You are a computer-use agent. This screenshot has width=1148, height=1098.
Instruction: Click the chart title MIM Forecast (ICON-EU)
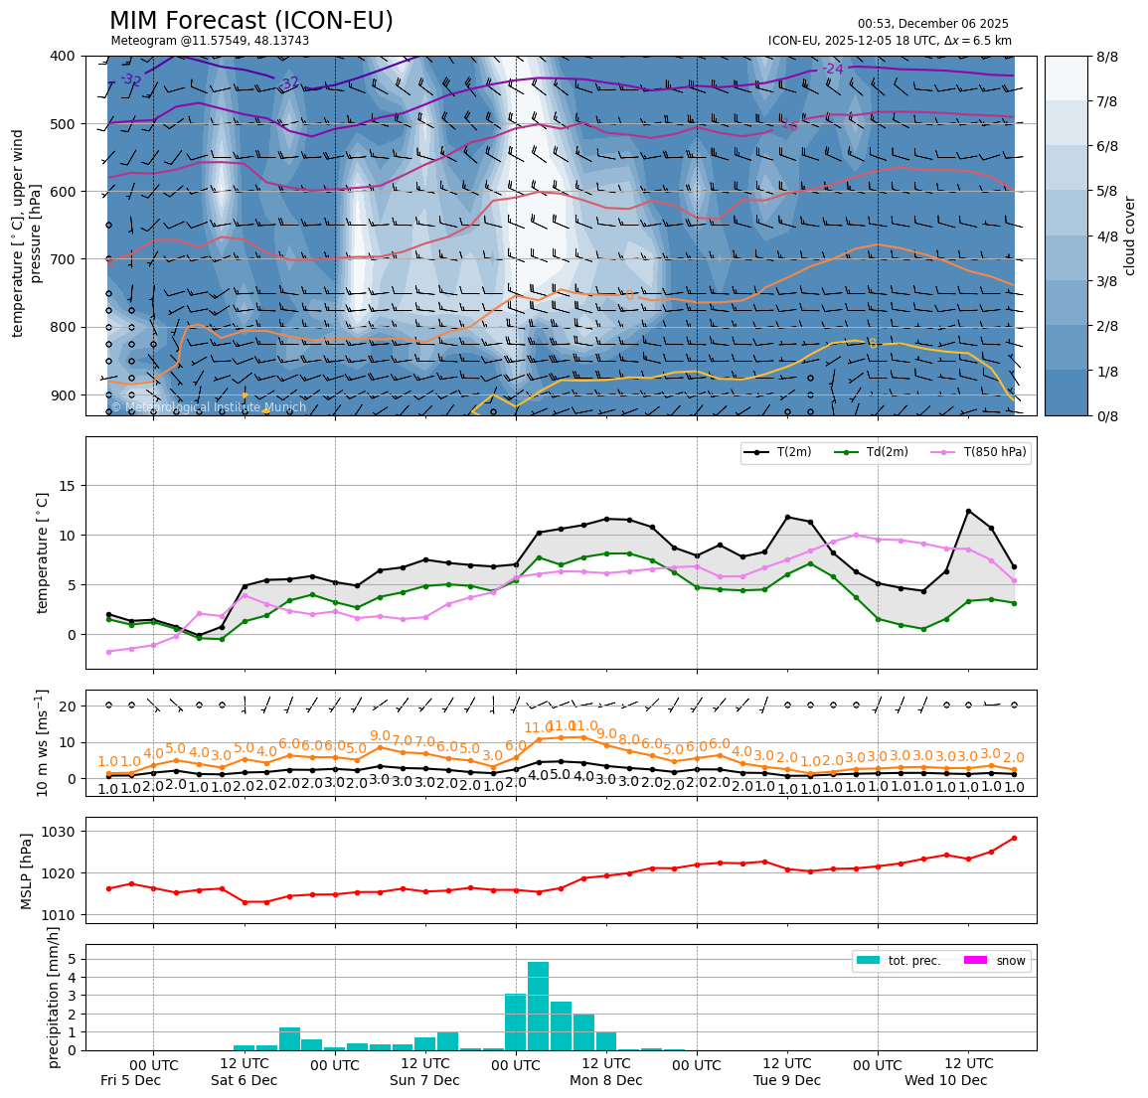pos(250,21)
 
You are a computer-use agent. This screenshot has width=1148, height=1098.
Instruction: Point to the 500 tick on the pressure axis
pos(63,124)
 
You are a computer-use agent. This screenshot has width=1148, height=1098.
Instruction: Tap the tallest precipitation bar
pos(538,1006)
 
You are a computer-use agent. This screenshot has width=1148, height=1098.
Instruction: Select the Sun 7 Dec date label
pos(424,1080)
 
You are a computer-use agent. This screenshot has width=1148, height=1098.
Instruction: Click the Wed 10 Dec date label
pos(945,1080)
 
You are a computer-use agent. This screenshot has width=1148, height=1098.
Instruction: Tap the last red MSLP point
pos(1014,838)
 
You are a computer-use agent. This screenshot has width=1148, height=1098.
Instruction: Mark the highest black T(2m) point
pos(968,511)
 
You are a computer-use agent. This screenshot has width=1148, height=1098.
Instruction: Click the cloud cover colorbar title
pos(1129,235)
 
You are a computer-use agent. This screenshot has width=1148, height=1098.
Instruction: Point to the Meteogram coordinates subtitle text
pos(210,41)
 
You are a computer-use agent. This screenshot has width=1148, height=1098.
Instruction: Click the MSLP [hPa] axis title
pos(28,870)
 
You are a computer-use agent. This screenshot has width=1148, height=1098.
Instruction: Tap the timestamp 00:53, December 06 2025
pos(932,24)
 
